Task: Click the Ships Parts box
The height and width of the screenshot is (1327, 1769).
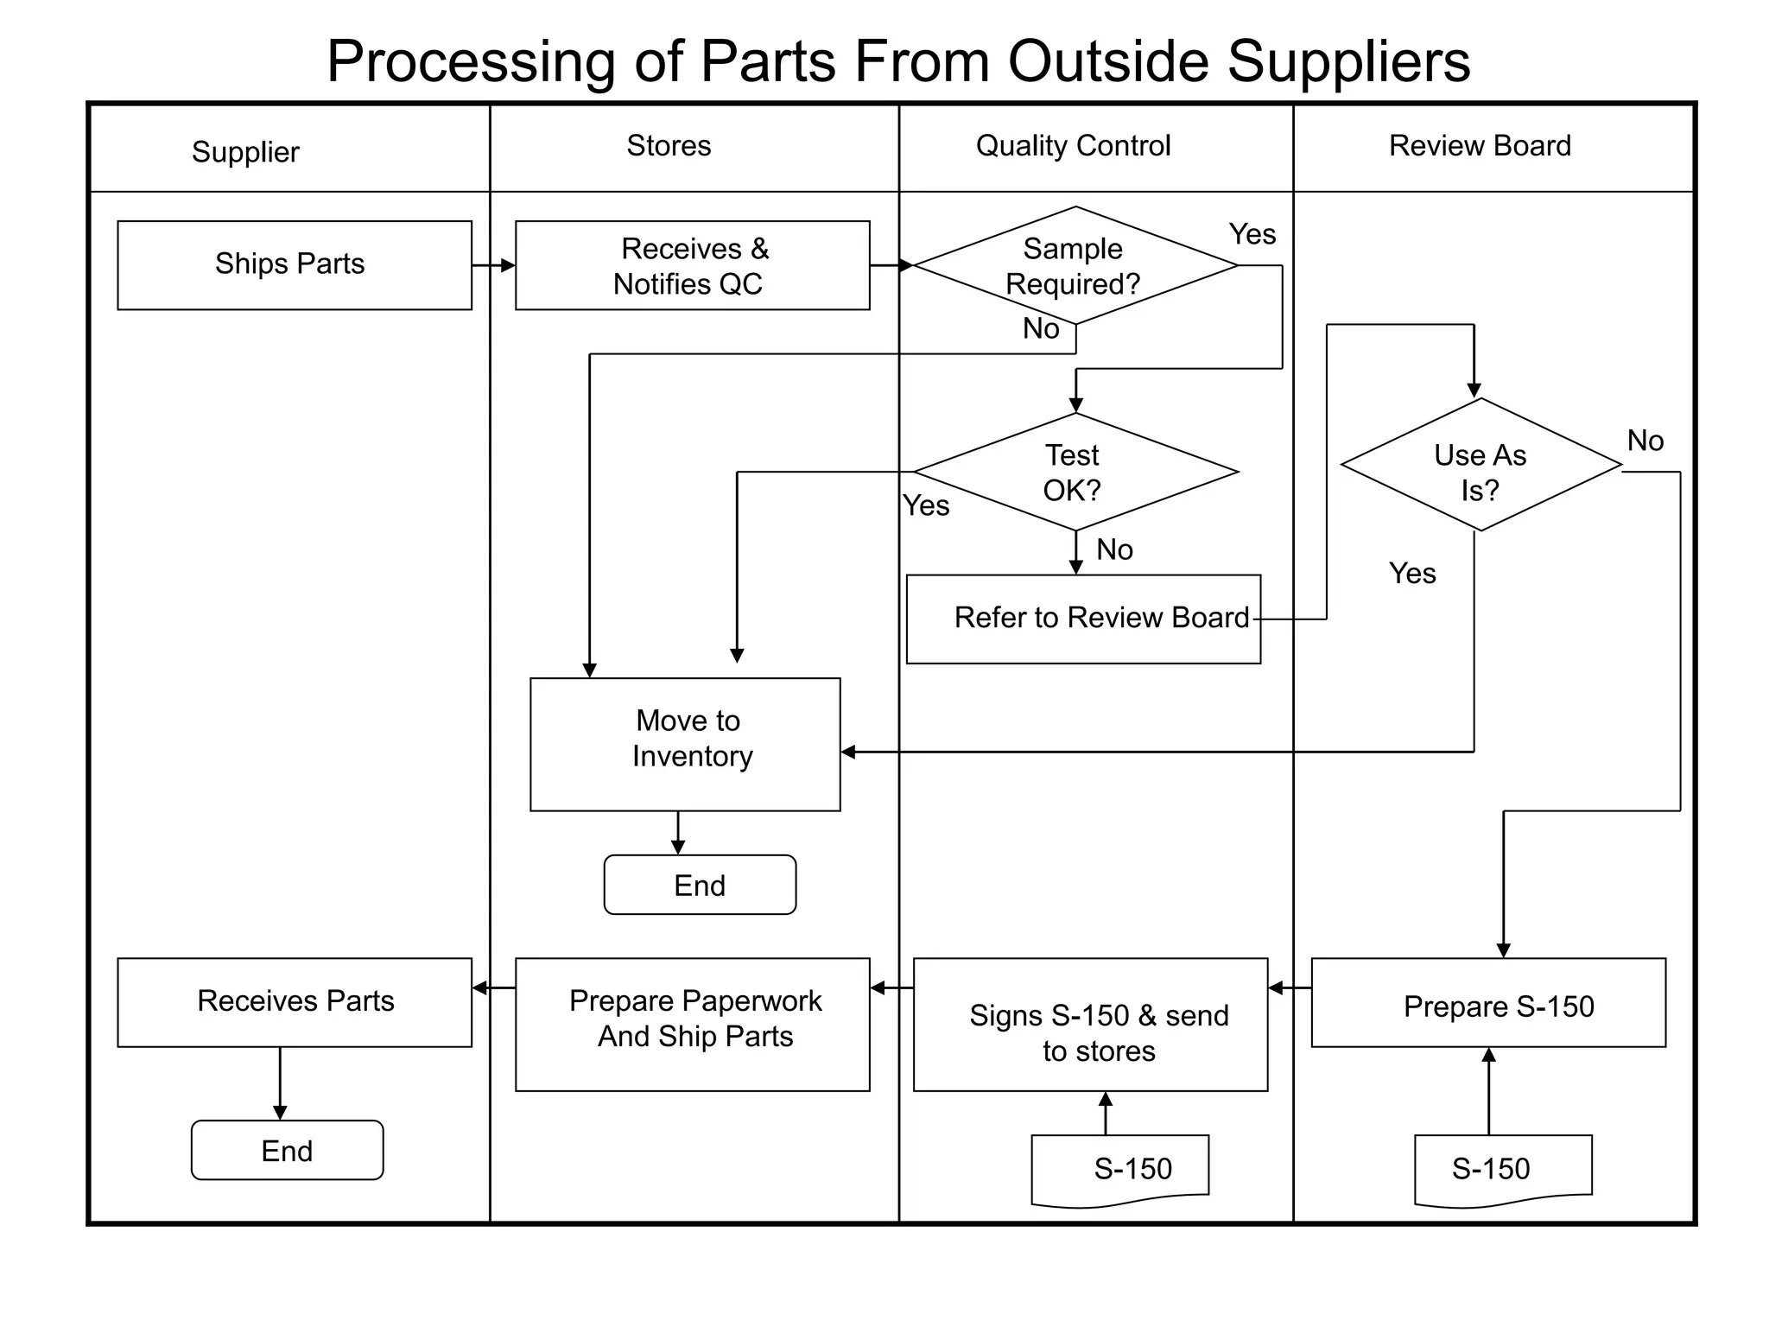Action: point(295,264)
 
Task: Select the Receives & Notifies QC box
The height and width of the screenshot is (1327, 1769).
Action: point(692,265)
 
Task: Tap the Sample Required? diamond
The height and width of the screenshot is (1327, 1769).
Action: point(1075,265)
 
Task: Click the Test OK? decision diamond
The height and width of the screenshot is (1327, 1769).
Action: point(1075,472)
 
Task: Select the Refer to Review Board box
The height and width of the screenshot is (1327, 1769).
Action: point(1083,619)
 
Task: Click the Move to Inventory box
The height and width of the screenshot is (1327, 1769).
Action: point(685,744)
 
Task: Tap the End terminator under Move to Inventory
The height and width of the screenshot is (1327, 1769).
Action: point(700,885)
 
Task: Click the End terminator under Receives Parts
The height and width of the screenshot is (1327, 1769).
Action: point(287,1150)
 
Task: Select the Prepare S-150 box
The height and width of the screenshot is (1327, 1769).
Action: point(1487,1002)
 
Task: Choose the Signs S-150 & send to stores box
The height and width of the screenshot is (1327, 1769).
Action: point(1090,1024)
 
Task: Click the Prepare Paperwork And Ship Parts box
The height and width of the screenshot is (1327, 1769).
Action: point(692,1024)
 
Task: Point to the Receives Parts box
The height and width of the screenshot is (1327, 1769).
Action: point(295,1002)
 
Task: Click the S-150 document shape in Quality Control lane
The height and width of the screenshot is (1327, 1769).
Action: point(1120,1169)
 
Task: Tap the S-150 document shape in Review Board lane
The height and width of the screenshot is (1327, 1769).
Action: point(1503,1169)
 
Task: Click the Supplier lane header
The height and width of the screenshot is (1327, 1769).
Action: point(245,152)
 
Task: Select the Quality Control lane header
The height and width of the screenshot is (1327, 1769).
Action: point(1073,145)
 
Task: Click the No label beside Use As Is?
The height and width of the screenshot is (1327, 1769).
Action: point(1645,441)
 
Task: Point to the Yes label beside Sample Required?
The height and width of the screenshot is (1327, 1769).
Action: point(1252,234)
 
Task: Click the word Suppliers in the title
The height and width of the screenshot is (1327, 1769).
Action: point(1348,62)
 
